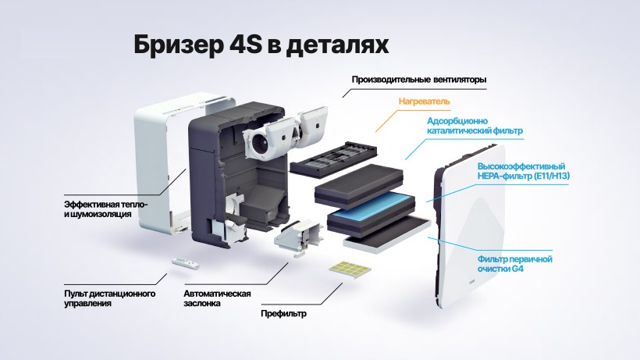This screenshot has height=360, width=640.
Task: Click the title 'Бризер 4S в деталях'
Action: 261,45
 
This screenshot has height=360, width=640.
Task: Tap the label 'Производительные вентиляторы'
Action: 419,80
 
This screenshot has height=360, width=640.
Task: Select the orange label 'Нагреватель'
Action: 424,102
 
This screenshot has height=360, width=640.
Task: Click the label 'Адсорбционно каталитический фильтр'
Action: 475,126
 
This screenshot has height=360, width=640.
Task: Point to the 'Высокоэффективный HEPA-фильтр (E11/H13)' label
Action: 524,172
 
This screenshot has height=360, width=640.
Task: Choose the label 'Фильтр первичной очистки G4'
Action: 514,264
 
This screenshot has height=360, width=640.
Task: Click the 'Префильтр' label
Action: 283,313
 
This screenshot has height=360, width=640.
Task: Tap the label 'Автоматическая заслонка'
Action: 217,298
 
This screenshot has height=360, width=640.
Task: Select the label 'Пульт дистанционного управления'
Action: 110,298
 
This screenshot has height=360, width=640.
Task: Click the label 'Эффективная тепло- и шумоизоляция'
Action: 105,209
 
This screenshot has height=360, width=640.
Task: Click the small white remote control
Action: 185,262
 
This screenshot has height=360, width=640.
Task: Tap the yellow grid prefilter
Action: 350,268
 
